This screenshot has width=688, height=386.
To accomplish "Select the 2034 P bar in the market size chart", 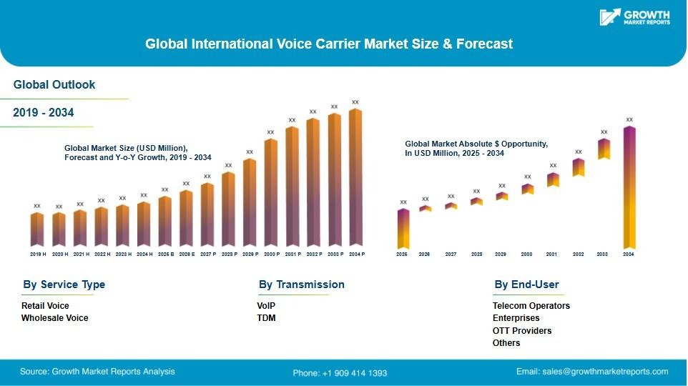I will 355,179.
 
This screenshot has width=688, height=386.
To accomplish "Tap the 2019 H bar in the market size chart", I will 37,229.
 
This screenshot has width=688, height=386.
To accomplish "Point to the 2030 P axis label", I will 271,254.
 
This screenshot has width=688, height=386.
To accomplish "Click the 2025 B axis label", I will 165,254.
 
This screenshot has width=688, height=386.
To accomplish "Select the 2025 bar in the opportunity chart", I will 403,229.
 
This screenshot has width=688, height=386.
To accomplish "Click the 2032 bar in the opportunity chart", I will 579,167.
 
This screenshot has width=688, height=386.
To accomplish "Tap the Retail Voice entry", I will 45,306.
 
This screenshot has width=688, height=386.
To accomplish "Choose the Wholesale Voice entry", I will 55,318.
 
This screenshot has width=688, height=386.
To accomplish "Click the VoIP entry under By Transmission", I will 266,306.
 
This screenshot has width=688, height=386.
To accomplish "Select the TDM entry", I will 266,318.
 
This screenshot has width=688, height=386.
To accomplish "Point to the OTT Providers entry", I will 522,331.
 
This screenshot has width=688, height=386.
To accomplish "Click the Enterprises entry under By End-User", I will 516,318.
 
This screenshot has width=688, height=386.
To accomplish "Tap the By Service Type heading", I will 64,284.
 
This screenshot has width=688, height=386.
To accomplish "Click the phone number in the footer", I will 340,372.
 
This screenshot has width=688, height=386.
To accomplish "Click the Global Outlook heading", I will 54,85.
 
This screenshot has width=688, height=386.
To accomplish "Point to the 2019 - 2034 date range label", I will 44,113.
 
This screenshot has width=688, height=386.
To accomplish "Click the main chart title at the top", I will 329,44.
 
